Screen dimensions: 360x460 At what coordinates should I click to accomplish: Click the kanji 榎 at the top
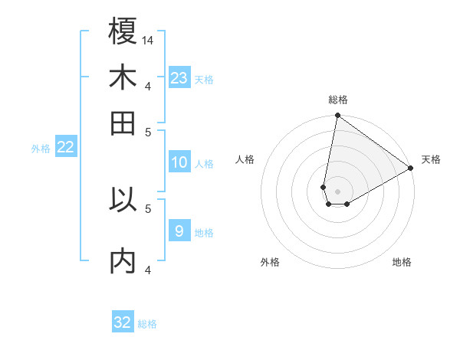[x=123, y=31]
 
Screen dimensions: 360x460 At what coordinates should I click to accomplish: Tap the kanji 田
[x=123, y=123]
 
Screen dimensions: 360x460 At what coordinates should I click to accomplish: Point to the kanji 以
[x=123, y=200]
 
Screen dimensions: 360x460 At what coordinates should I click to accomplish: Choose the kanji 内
[x=123, y=261]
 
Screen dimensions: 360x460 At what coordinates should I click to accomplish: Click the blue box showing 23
[x=179, y=77]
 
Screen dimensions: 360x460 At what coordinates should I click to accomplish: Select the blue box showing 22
[x=65, y=146]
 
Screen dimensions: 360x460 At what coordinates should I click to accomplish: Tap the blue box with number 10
[x=179, y=162]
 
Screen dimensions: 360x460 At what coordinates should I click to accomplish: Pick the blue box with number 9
[x=179, y=231]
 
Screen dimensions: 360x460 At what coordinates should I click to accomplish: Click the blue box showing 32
[x=123, y=322]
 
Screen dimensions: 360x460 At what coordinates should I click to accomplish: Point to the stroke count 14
[x=148, y=39]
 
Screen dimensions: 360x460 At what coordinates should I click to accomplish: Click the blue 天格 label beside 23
[x=204, y=80]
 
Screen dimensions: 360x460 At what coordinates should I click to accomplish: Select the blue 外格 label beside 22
[x=41, y=149]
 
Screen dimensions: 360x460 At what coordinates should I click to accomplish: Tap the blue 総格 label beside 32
[x=147, y=325]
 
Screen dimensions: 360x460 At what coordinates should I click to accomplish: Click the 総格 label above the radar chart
[x=338, y=100]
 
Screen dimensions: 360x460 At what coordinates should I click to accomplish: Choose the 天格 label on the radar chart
[x=431, y=159]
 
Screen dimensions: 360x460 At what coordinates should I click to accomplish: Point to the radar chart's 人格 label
[x=245, y=159]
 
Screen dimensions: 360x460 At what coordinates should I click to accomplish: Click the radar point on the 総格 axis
[x=337, y=116]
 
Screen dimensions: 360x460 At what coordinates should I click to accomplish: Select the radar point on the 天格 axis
[x=411, y=169]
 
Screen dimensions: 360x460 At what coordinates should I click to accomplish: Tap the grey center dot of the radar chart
[x=338, y=191]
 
